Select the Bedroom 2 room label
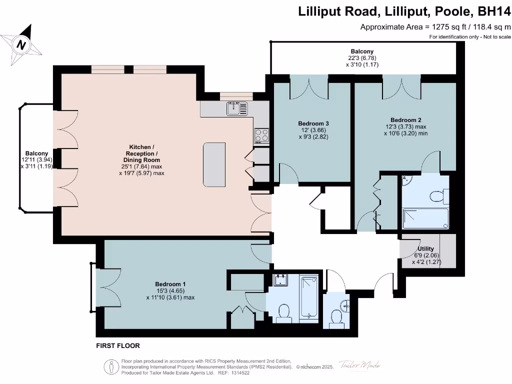[406, 120]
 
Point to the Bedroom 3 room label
[313, 123]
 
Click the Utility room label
[426, 248]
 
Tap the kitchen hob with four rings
[262, 135]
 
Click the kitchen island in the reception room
[214, 164]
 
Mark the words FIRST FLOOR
[117, 345]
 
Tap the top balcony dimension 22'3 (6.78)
[361, 58]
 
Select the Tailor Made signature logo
[359, 365]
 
